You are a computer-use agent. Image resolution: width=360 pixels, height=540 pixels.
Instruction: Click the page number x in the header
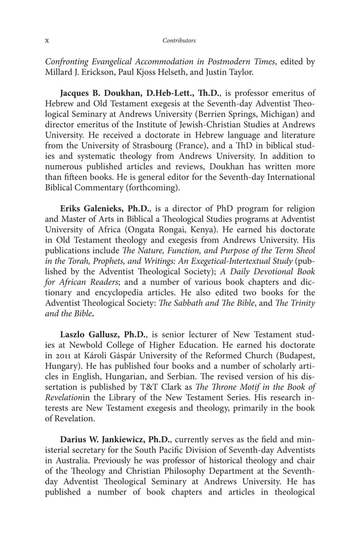[47, 41]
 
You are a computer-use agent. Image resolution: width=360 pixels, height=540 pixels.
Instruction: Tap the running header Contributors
[179, 41]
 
